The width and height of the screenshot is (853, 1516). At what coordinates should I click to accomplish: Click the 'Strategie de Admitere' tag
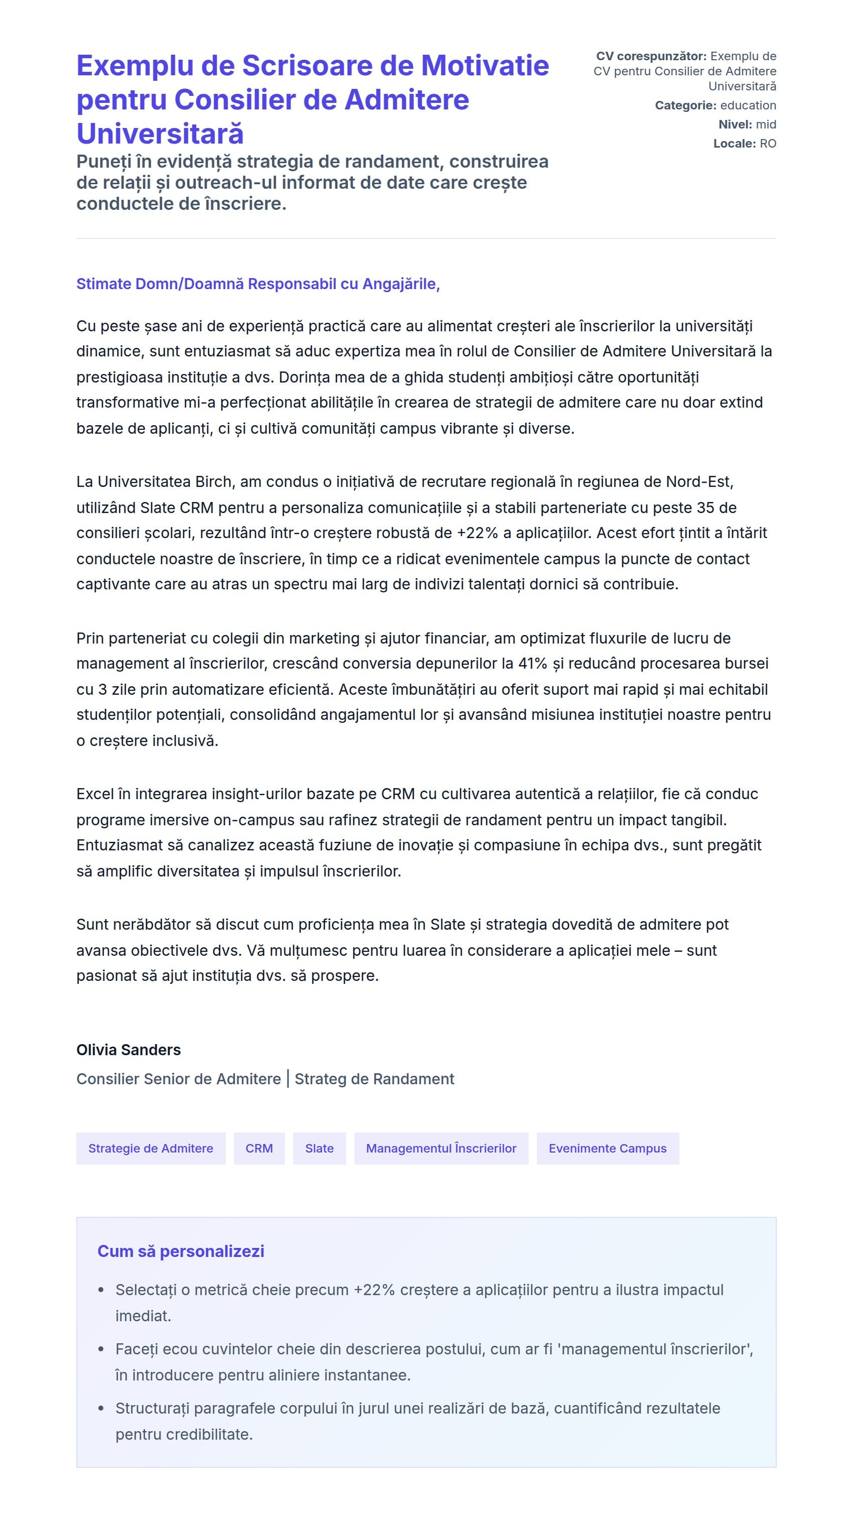[151, 1148]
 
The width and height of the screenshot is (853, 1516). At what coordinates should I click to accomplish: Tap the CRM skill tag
[259, 1148]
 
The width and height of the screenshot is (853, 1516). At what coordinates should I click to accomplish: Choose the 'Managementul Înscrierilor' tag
[441, 1148]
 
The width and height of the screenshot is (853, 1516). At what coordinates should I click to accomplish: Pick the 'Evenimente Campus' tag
[607, 1148]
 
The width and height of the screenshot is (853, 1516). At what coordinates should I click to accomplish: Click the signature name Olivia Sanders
[128, 1049]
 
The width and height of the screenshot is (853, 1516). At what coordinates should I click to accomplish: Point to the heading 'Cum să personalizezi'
[181, 1250]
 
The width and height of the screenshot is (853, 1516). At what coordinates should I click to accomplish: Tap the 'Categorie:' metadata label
[685, 105]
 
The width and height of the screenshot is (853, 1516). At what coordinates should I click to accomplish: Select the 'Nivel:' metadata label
[735, 124]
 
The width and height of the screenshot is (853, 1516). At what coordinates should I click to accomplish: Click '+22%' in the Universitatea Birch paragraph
[477, 533]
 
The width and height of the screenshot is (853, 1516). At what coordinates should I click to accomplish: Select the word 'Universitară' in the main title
[160, 134]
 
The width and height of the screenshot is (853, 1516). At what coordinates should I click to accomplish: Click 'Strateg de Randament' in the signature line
[374, 1079]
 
